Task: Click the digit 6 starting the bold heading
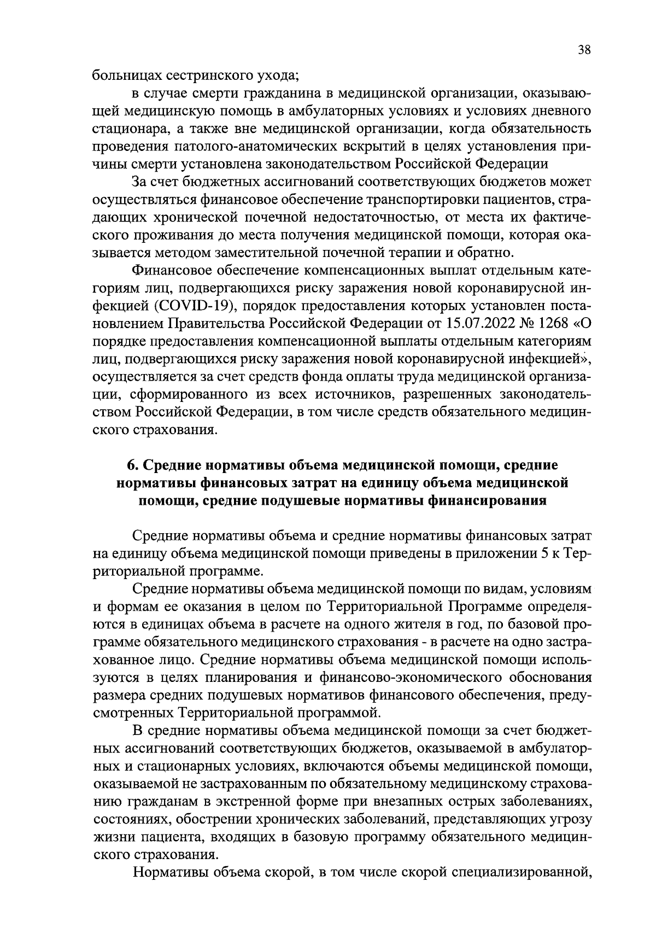(131, 465)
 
